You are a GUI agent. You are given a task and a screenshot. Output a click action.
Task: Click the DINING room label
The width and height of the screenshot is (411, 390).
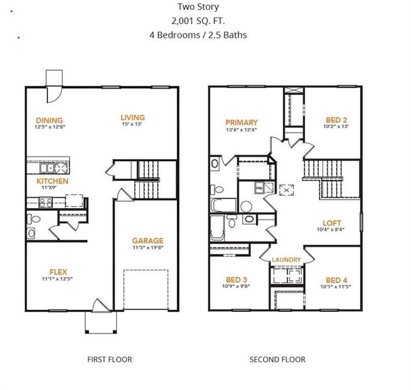pos(49,120)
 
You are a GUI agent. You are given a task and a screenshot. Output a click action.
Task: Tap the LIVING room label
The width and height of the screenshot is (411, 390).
pos(133,118)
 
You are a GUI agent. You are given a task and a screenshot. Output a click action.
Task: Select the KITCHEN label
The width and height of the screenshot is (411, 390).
pos(52,181)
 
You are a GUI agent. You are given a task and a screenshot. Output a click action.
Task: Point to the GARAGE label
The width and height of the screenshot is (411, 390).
pos(148,240)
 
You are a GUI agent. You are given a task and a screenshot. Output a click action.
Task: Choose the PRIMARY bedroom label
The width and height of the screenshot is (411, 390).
pos(241,122)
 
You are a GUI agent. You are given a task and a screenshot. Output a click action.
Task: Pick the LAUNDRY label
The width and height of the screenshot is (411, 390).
pos(286,260)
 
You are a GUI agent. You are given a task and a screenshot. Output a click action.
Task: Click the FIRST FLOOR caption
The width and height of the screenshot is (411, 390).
pos(109,359)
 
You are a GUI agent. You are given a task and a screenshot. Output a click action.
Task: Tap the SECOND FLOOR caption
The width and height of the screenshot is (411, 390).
pos(278,359)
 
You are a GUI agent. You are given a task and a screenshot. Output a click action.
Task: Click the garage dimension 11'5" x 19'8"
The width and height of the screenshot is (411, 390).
pos(148,247)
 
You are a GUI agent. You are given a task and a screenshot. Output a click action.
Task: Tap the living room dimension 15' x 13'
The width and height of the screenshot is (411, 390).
pos(133,124)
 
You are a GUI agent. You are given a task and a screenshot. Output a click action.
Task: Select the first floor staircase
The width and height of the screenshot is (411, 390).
pos(146,179)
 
